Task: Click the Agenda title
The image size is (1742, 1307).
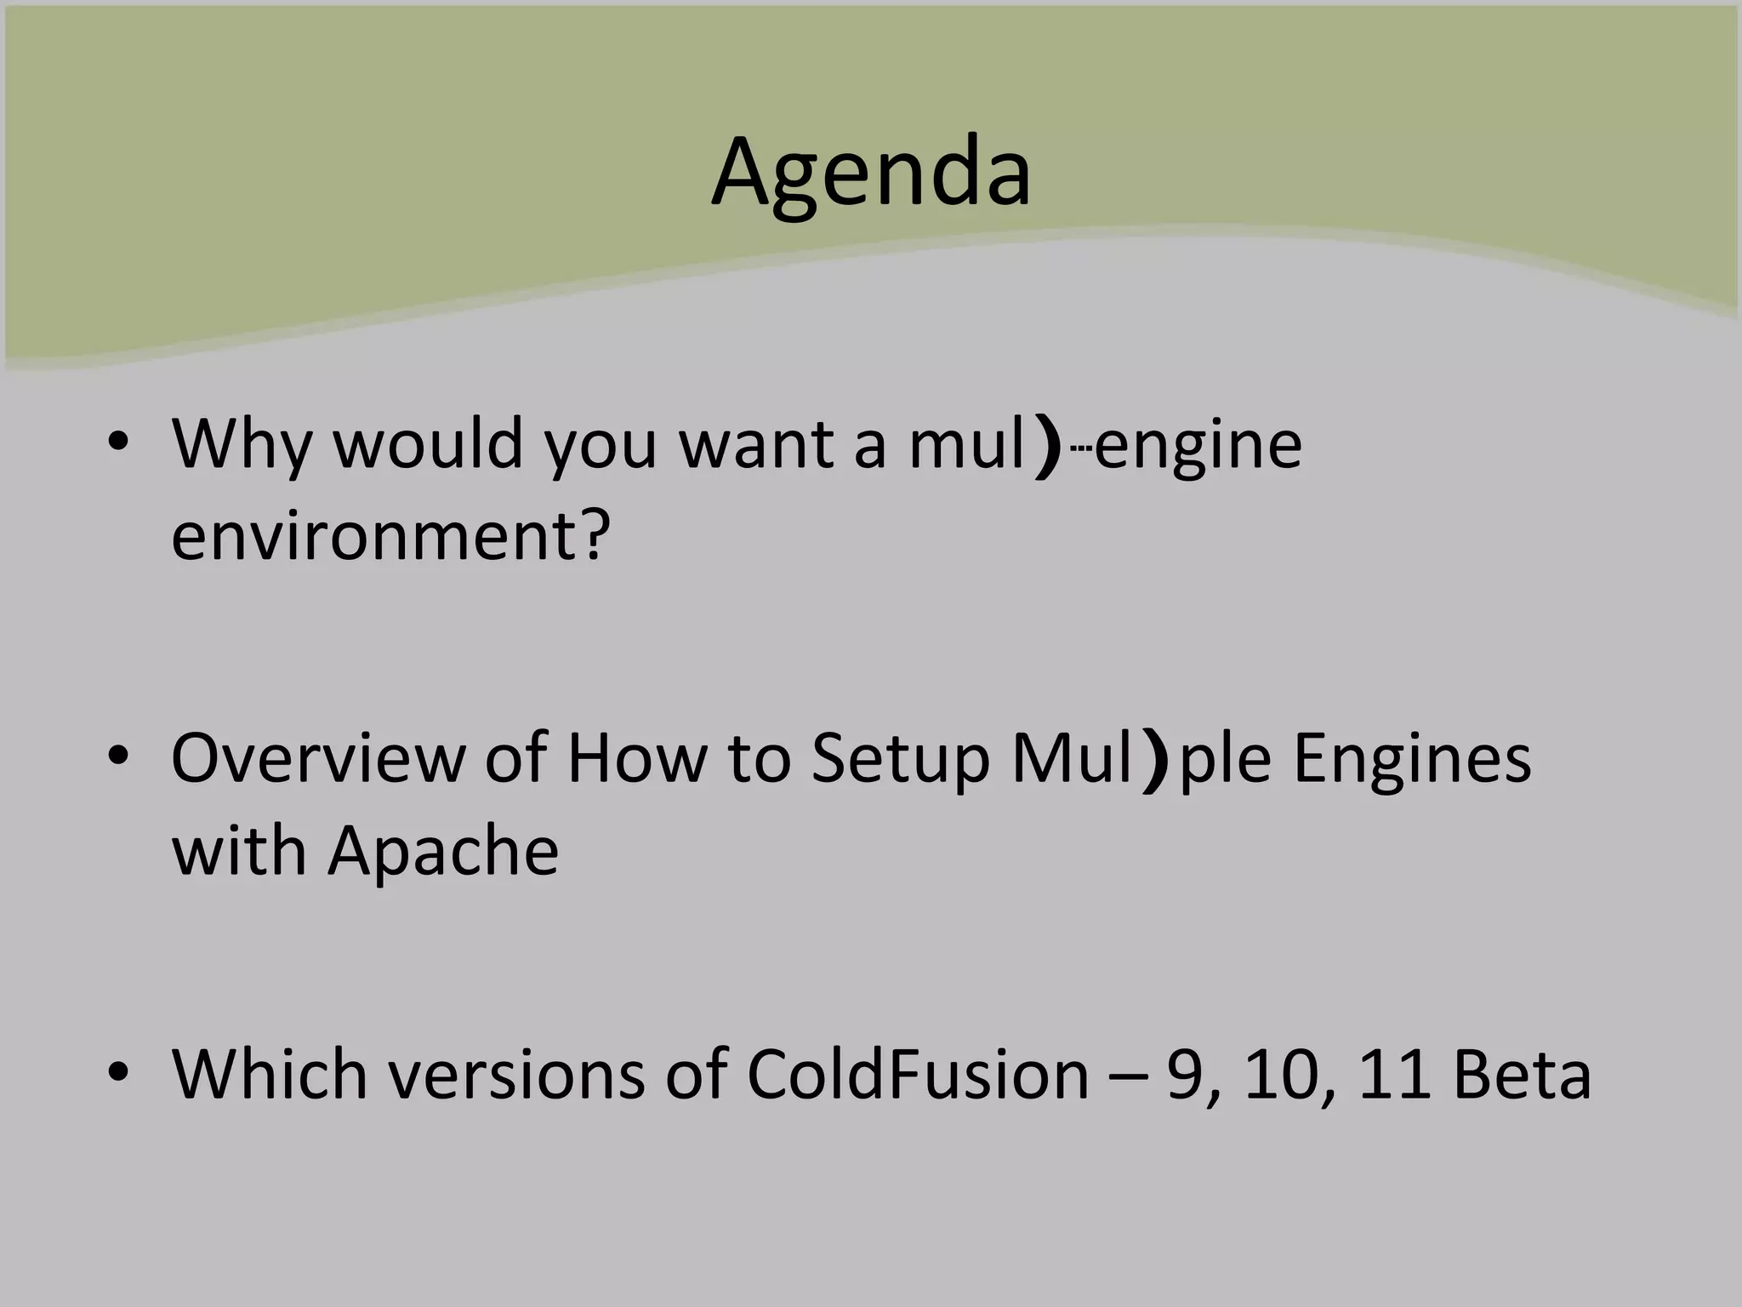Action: click(x=871, y=174)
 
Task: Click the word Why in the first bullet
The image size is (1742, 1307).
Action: click(x=242, y=444)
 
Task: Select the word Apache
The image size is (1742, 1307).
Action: click(x=443, y=851)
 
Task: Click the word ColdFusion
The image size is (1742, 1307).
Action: click(x=918, y=1074)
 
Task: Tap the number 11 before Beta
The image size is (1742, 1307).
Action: click(x=1393, y=1074)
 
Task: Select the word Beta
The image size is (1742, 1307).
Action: click(x=1522, y=1074)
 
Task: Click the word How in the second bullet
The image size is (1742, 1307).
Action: click(x=636, y=757)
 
